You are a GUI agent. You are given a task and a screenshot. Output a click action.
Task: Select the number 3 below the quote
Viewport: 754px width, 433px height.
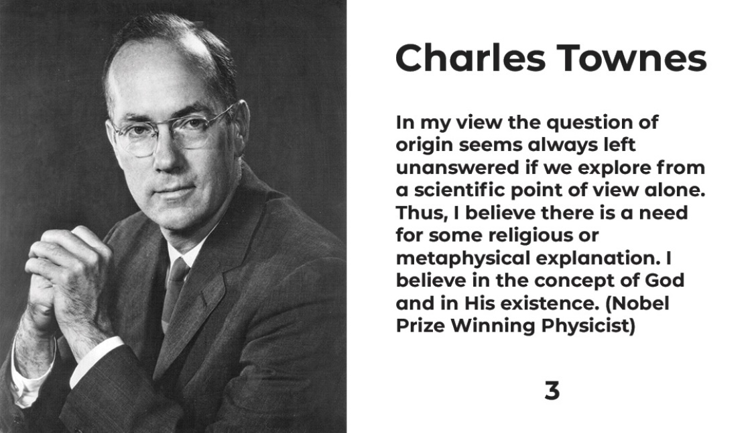pos(552,390)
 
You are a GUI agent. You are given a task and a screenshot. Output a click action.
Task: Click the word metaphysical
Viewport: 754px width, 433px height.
pos(462,258)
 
